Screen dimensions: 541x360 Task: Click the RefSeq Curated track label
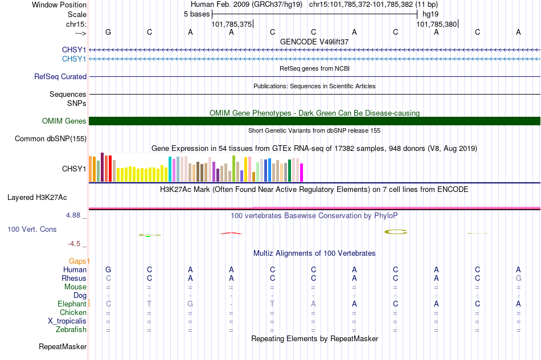pos(60,77)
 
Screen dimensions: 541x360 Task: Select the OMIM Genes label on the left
pos(64,121)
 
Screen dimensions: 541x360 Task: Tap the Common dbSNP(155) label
pos(51,139)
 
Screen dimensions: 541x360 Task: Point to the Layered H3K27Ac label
pos(37,198)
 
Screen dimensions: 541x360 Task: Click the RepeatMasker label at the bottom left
pos(63,346)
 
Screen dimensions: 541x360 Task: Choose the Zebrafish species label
pos(71,330)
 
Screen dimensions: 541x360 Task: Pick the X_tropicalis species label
pos(67,321)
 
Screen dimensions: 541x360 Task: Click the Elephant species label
pos(72,304)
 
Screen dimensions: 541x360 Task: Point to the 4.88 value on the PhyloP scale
pos(73,215)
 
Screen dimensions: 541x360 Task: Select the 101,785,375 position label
pos(232,24)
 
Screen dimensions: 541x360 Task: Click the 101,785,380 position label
pos(436,24)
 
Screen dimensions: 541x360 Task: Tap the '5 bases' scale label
pos(196,14)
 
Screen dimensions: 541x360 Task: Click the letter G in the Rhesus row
pos(519,278)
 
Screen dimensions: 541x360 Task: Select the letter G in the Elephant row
pos(190,304)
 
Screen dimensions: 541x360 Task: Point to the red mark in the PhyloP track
pos(231,234)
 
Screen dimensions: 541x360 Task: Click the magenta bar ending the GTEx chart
pos(302,173)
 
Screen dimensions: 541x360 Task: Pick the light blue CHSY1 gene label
pos(74,59)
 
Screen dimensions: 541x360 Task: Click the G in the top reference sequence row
pos(108,32)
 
